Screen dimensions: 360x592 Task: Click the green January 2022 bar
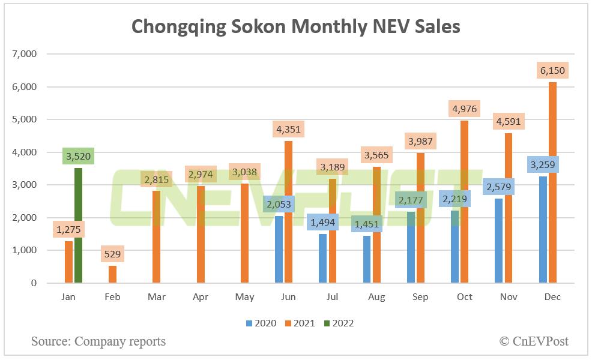pos(78,226)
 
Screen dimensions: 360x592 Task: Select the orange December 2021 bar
pos(552,182)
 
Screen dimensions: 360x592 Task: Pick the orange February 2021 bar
pos(113,274)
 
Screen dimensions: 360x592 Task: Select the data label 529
pos(113,254)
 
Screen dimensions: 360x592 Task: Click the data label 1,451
pos(367,224)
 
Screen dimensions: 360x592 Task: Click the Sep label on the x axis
pos(420,297)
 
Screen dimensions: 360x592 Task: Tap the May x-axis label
pos(244,297)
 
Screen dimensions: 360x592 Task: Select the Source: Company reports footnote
pos(98,341)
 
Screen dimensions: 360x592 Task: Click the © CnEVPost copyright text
pos(534,341)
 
